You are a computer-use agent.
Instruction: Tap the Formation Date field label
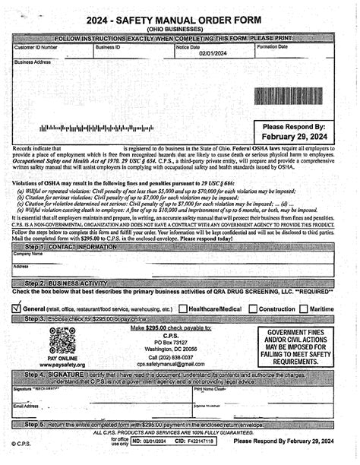pos(273,46)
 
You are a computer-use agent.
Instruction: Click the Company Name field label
pos(27,254)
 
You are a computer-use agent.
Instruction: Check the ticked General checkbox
pos(17,308)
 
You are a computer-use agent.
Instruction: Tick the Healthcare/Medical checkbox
pos(183,309)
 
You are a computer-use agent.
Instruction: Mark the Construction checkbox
pos(252,309)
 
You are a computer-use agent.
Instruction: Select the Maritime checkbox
pos(304,309)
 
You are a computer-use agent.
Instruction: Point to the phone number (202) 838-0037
pos(170,356)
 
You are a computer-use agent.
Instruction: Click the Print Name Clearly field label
pos(210,389)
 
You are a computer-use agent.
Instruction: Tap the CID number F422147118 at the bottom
pos(199,441)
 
